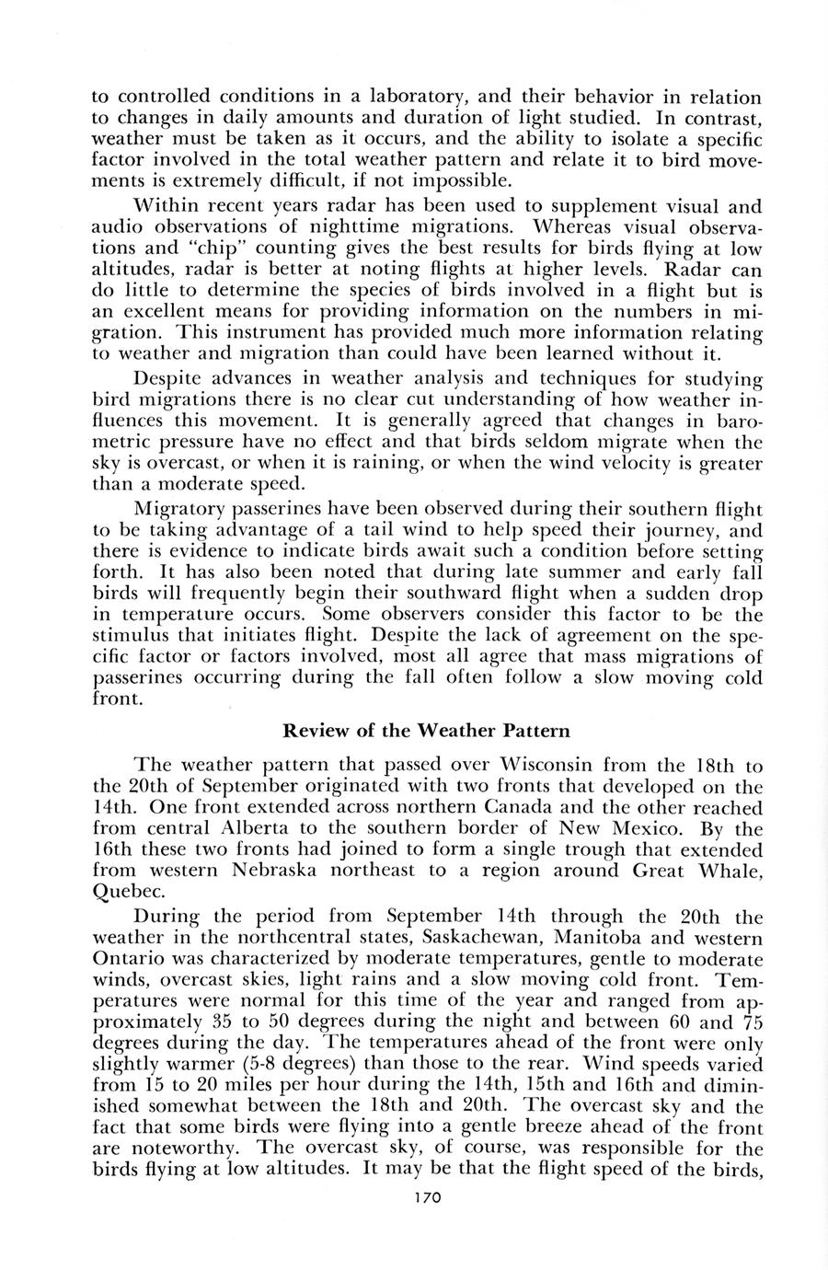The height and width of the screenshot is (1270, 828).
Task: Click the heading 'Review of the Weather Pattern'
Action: [x=426, y=732]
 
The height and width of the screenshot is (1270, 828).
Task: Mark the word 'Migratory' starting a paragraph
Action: [x=177, y=508]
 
